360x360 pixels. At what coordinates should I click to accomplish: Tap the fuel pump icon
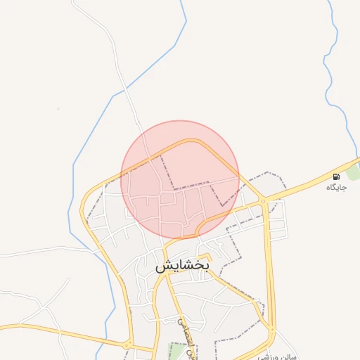tap(336, 176)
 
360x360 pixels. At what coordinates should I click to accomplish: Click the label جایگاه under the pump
tap(336, 188)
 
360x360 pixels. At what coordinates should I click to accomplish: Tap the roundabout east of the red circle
tap(262, 202)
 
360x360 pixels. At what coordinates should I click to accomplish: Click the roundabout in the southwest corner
tap(127, 345)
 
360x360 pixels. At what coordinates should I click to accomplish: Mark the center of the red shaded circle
tap(180, 180)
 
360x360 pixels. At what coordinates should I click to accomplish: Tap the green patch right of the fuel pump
tap(354, 171)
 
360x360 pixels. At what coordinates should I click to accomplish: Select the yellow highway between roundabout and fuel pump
tap(299, 188)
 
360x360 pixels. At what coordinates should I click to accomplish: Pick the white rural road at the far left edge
tap(28, 252)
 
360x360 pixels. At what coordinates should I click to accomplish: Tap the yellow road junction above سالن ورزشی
tap(271, 328)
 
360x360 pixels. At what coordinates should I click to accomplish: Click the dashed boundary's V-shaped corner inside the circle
tap(223, 205)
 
